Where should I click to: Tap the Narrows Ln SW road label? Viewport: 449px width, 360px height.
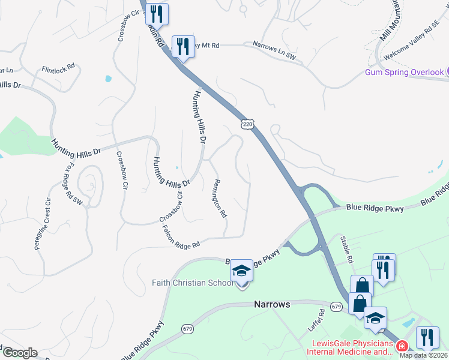point(274,50)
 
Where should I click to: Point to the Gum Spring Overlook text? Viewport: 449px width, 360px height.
point(405,73)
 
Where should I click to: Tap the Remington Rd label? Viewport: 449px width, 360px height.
point(220,198)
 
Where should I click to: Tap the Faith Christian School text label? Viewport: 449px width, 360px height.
point(192,283)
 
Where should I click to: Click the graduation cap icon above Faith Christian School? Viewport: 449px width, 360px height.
point(241,271)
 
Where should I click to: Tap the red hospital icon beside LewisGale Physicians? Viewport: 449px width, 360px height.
point(402,346)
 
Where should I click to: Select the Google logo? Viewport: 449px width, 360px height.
point(19,353)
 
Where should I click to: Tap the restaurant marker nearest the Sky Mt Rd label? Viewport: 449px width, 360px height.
point(182,46)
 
